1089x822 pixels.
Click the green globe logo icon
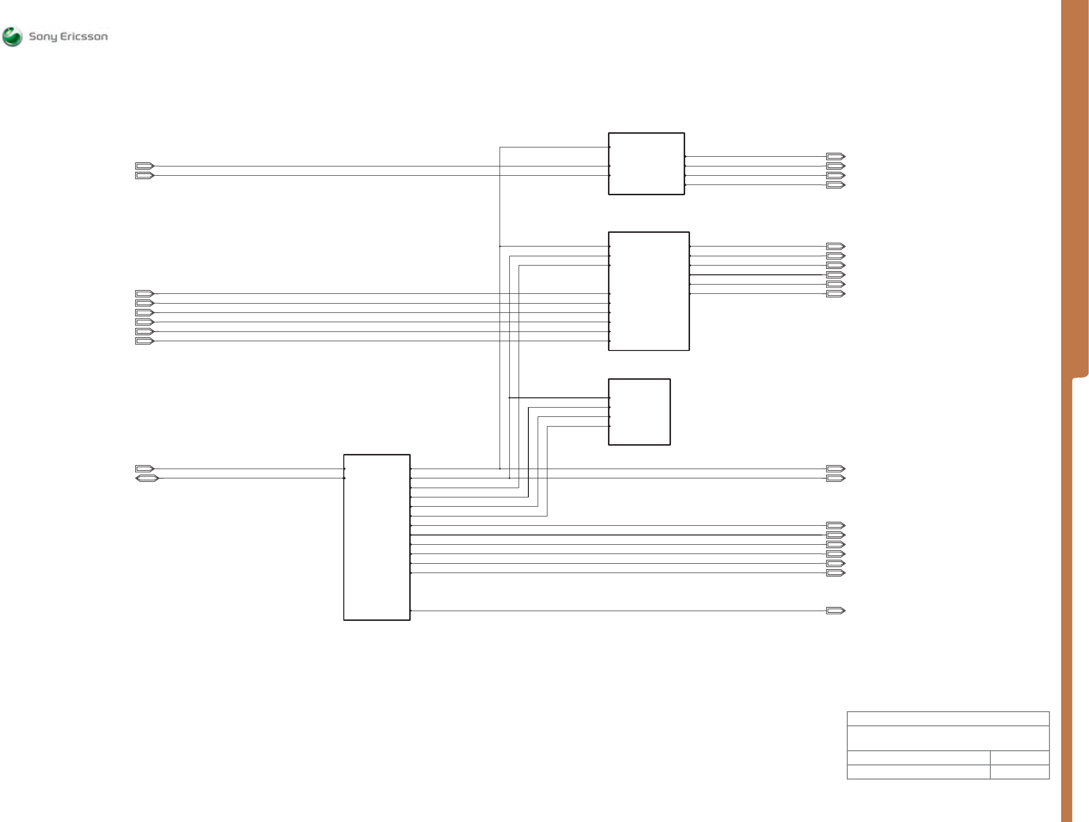click(x=12, y=37)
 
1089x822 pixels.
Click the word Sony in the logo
click(x=43, y=37)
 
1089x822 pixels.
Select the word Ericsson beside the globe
click(x=84, y=37)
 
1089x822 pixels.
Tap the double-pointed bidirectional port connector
click(x=147, y=478)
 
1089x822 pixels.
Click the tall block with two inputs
click(x=377, y=537)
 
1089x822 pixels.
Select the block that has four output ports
click(x=646, y=164)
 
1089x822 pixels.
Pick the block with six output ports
click(x=649, y=291)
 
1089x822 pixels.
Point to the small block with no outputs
click(x=639, y=412)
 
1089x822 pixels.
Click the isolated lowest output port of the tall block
click(x=836, y=610)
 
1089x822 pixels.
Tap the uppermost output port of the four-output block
click(x=836, y=157)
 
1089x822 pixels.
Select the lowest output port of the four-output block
click(x=836, y=185)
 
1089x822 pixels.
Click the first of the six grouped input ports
click(x=145, y=293)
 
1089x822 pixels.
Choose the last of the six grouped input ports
click(x=145, y=341)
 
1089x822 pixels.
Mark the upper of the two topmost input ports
click(x=145, y=166)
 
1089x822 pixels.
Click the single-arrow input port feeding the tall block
click(x=145, y=469)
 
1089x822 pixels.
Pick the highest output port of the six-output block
click(x=836, y=246)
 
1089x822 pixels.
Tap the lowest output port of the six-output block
click(x=836, y=294)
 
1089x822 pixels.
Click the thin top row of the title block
click(x=948, y=719)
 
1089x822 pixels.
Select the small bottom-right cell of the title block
click(x=1020, y=772)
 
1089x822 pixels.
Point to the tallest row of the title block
click(x=948, y=738)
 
